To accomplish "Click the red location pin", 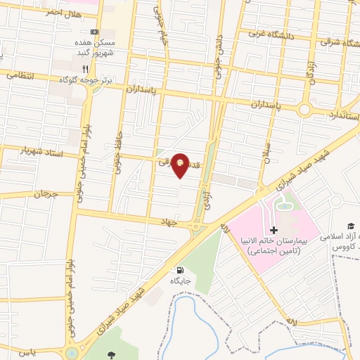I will (181, 164).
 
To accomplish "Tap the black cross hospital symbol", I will (274, 230).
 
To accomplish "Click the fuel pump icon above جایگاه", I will (181, 270).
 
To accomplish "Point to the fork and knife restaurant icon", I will (86, 69).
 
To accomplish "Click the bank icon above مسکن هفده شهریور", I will (96, 32).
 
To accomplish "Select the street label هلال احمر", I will (45, 12).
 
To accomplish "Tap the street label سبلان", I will (266, 149).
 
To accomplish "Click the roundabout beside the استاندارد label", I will (304, 109).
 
